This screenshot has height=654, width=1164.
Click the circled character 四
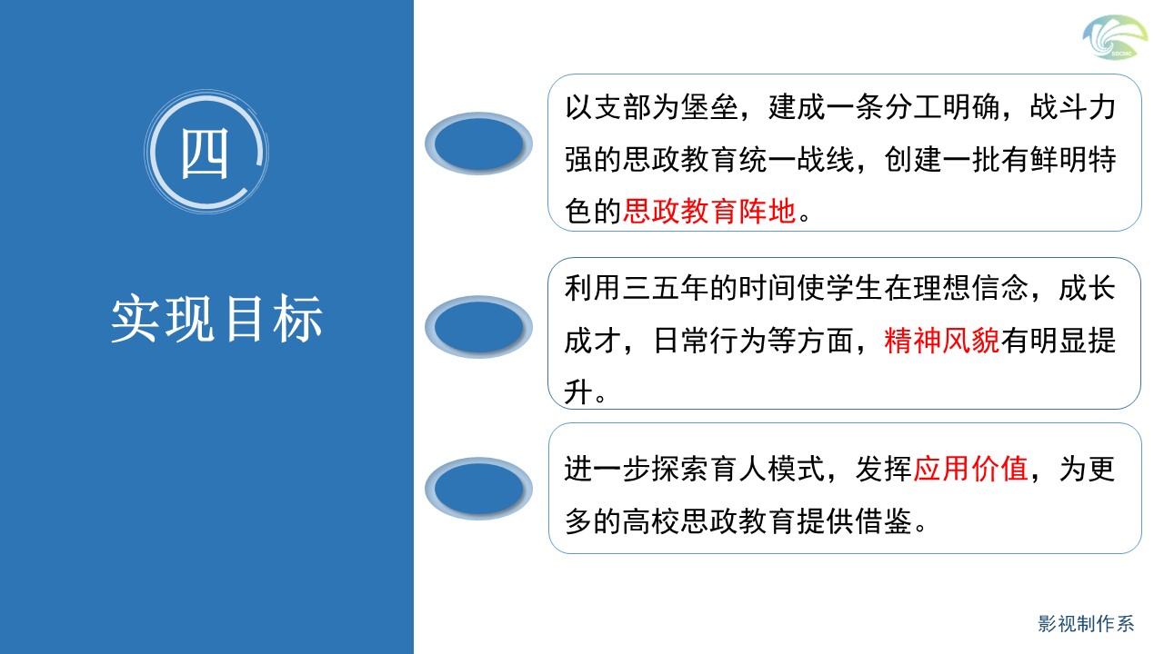[205, 154]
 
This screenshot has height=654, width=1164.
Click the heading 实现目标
[217, 319]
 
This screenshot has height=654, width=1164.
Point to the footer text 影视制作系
[1086, 624]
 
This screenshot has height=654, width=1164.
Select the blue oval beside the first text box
[478, 144]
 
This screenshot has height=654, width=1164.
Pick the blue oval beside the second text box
[478, 327]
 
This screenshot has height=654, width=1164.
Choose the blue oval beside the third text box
[478, 489]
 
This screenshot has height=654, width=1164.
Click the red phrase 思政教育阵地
[709, 212]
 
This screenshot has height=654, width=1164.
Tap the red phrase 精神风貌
[941, 341]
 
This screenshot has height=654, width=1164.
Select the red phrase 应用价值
[970, 469]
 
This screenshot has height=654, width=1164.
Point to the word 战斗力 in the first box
[1073, 107]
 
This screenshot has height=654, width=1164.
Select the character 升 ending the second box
[579, 391]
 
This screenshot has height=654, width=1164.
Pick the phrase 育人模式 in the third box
[767, 469]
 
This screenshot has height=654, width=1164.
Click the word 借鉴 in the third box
[883, 521]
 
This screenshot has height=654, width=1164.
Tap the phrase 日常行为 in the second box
[709, 341]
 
